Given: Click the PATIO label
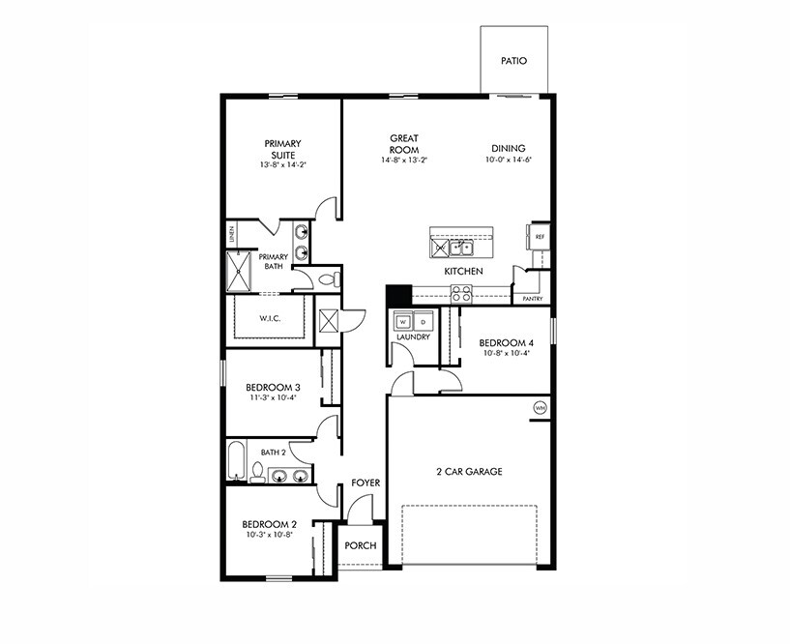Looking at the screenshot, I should [x=513, y=61].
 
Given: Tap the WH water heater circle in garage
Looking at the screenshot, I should [x=539, y=409].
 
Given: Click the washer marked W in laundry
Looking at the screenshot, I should [x=404, y=321].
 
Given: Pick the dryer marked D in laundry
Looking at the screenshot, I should [x=422, y=321].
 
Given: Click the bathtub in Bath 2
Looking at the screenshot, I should [x=236, y=462].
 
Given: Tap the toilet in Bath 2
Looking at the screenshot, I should [x=257, y=472].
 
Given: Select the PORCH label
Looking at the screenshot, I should [x=360, y=545].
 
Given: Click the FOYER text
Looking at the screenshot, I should [x=365, y=483].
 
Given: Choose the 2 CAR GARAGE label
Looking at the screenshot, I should [x=469, y=472].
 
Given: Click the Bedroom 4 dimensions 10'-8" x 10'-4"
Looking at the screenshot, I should [x=506, y=354].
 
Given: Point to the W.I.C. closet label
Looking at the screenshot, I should [x=269, y=319].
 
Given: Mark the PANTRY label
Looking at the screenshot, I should [x=532, y=299].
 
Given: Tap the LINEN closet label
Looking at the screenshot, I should [x=232, y=234].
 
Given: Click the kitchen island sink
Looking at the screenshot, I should [x=463, y=248].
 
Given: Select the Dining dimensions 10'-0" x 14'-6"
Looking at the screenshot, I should [x=510, y=160].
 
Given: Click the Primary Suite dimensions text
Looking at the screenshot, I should [x=281, y=165].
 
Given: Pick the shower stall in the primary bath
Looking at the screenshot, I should [x=240, y=272].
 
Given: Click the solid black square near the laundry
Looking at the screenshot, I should [x=398, y=295].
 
